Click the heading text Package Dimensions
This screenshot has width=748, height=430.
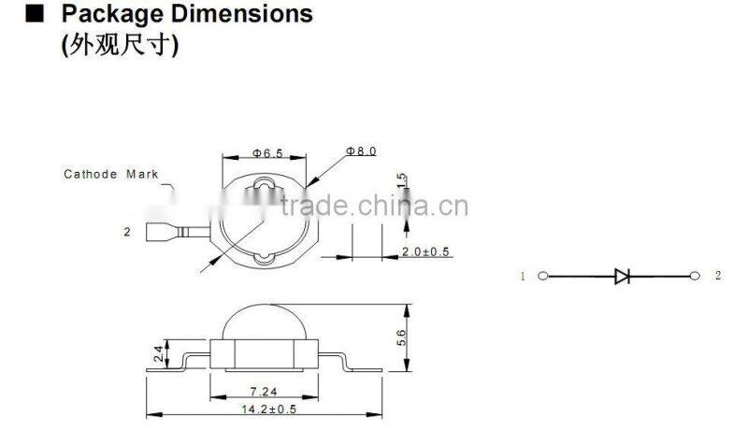point(187,15)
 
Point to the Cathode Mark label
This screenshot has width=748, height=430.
point(111,174)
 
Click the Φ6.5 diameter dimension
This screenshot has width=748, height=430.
point(267,153)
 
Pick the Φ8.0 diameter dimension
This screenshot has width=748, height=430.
point(361,150)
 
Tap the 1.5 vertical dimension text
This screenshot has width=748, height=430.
point(402,181)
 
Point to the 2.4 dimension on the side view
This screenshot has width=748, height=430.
point(160,352)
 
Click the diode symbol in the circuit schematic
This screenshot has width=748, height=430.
point(623,277)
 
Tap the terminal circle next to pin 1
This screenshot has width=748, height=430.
point(542,277)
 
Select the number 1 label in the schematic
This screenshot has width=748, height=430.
point(524,277)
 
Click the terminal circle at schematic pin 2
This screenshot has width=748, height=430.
point(695,277)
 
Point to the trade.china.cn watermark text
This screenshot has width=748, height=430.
point(374,206)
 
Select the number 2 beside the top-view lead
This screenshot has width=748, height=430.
point(126,232)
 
